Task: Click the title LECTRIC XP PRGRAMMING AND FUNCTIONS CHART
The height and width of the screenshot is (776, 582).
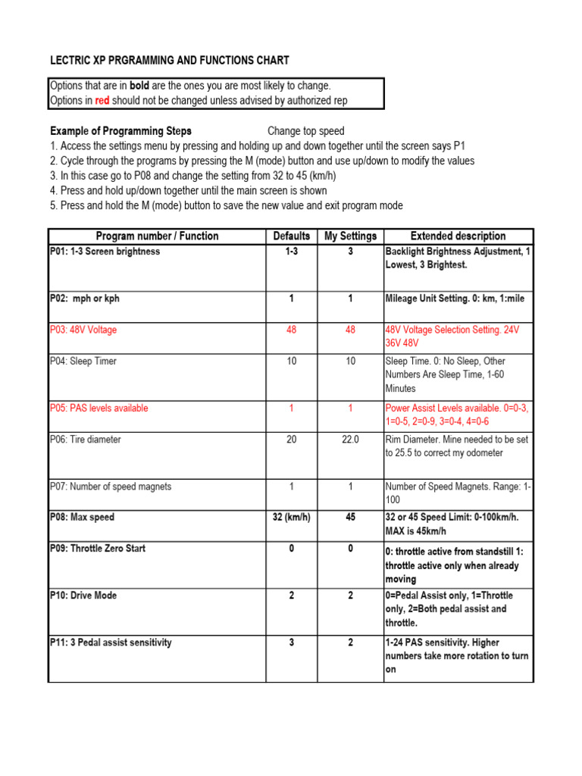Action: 170,61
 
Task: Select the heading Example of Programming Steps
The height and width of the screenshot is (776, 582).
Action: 120,131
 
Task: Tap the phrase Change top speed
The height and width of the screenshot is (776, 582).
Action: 306,131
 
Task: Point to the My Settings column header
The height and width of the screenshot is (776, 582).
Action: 350,236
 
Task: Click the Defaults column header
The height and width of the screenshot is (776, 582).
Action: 292,236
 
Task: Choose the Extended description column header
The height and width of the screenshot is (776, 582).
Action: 458,236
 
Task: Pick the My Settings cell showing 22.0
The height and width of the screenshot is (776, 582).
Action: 350,440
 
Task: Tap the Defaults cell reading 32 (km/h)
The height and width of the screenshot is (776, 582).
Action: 292,518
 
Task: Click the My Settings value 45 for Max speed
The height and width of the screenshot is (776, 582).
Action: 350,518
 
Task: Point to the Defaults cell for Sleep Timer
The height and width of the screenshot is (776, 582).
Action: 292,361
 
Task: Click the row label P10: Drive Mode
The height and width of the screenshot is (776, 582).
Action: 84,596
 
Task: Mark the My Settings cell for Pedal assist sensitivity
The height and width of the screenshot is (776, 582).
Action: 350,643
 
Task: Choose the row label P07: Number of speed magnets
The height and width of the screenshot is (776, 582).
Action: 111,487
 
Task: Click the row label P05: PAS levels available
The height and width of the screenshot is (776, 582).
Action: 99,408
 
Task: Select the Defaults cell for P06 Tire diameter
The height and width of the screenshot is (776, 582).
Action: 292,440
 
